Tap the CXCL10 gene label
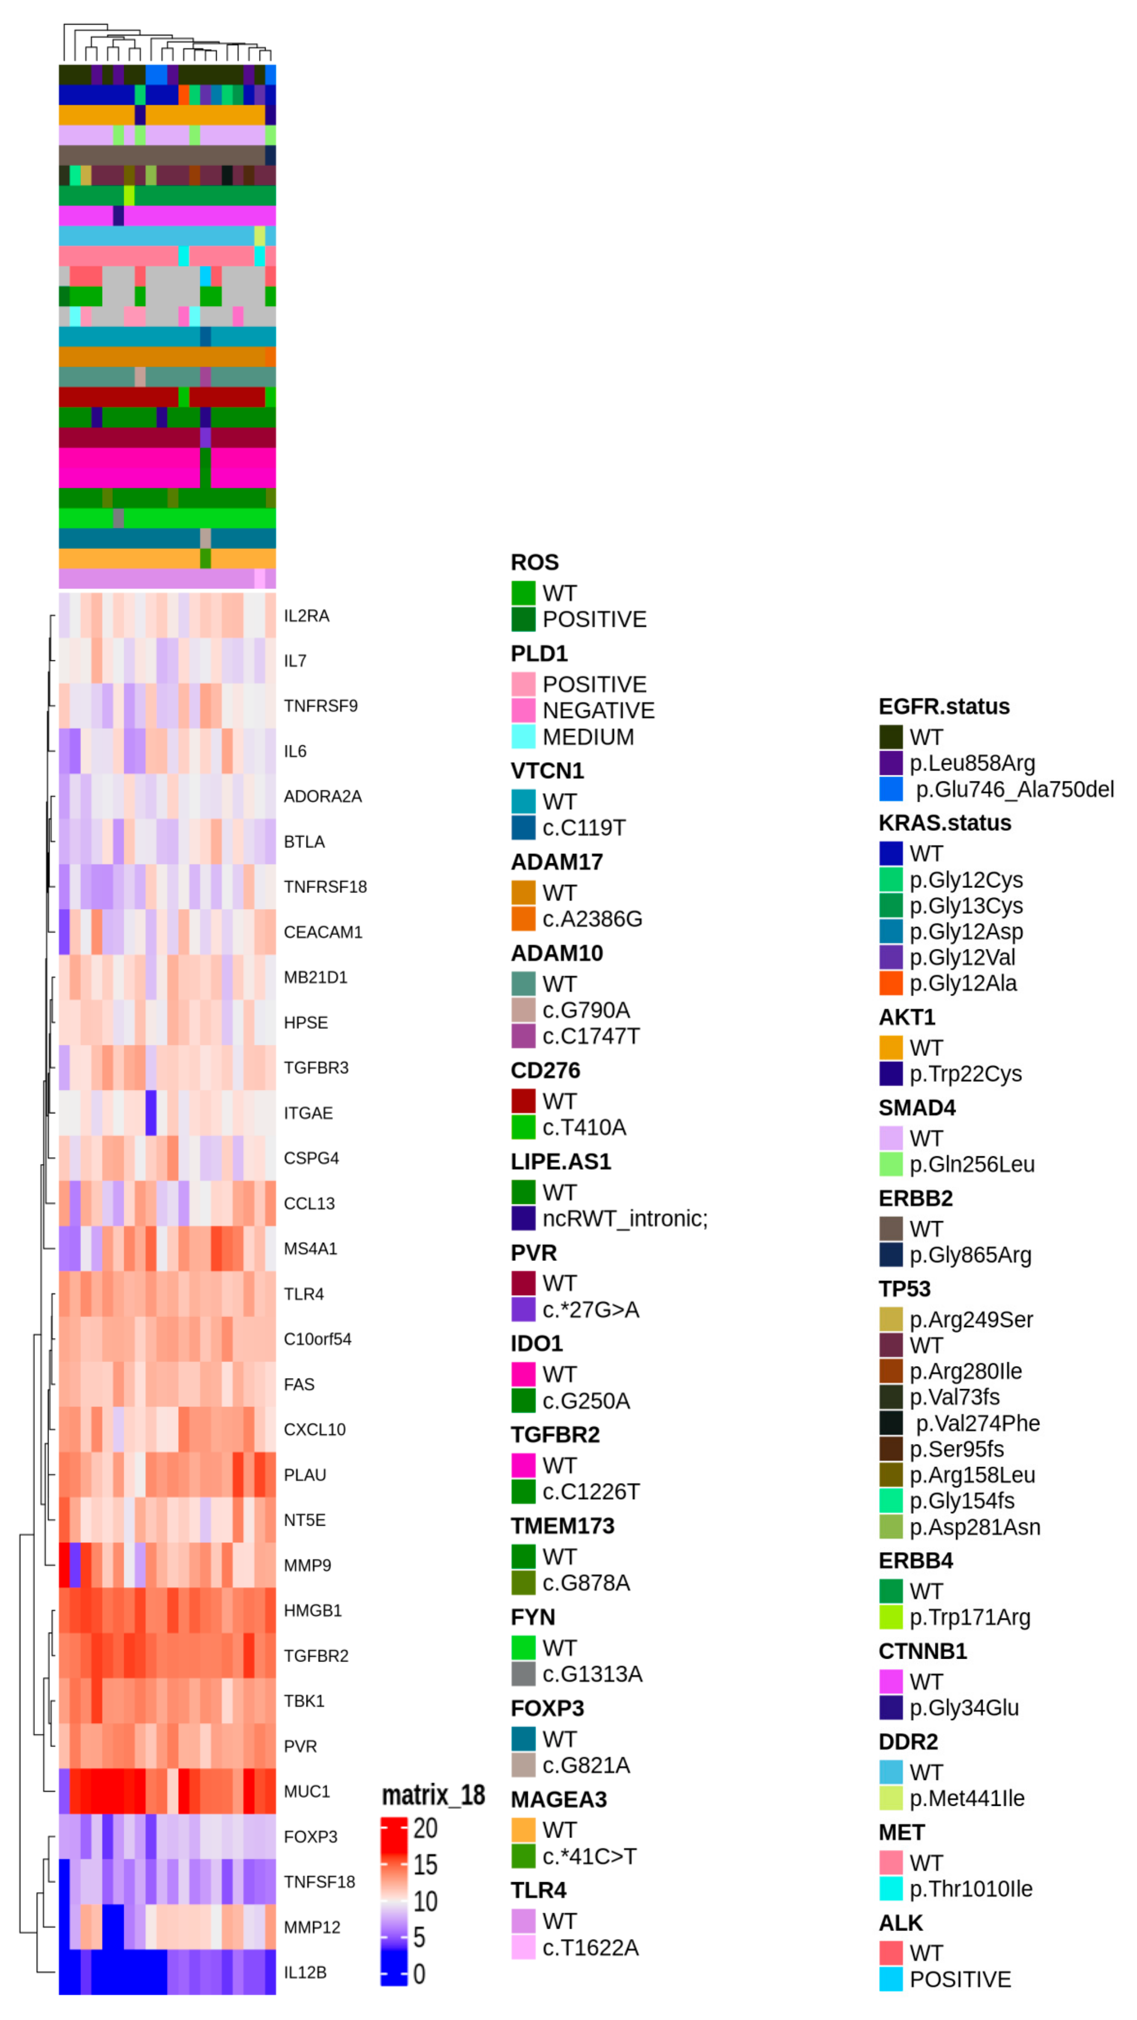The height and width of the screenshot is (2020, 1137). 314,1430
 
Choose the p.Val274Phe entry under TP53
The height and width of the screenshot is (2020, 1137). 977,1423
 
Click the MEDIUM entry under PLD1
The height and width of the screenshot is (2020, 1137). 587,737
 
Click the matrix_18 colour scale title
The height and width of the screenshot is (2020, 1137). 433,1795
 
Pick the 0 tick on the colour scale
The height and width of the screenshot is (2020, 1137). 419,1974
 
